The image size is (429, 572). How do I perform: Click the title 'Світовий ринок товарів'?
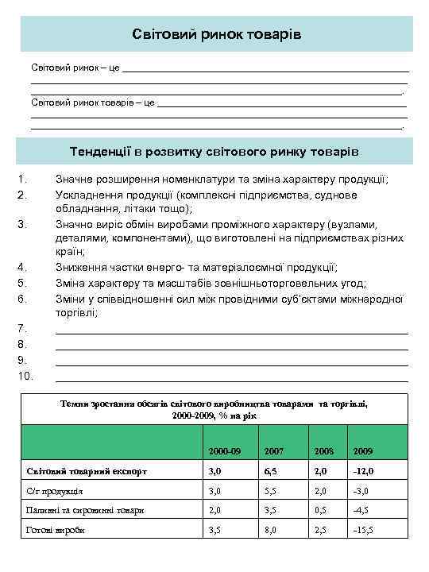pyautogui.click(x=216, y=35)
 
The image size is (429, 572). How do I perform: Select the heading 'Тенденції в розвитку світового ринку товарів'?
pyautogui.click(x=216, y=151)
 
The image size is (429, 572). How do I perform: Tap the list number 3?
pyautogui.click(x=23, y=224)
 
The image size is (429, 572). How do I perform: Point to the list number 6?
pyautogui.click(x=23, y=299)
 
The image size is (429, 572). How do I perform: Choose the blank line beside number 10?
pyautogui.click(x=232, y=377)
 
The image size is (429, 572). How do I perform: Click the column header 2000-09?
pyautogui.click(x=224, y=451)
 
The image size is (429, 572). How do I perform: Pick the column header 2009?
pyautogui.click(x=363, y=451)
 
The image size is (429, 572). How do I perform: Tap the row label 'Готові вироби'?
pyautogui.click(x=56, y=530)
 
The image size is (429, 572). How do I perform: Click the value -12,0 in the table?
pyautogui.click(x=365, y=471)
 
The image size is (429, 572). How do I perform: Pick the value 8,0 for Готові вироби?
pyautogui.click(x=271, y=530)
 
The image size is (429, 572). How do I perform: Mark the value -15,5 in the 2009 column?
pyautogui.click(x=365, y=530)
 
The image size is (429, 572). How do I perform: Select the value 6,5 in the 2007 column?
pyautogui.click(x=271, y=471)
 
